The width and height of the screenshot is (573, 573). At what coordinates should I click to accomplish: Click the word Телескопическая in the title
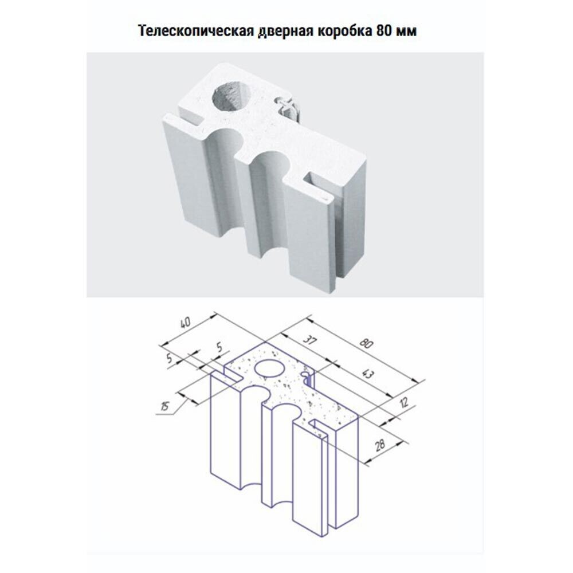point(196,32)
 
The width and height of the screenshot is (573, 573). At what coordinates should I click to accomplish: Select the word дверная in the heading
point(285,32)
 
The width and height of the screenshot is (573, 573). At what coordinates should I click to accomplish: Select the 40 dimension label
point(185,323)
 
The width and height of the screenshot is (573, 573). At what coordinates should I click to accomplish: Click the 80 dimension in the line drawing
point(366,344)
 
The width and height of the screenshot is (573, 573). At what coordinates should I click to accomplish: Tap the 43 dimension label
point(368,374)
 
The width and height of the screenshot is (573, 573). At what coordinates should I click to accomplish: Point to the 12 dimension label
point(404,403)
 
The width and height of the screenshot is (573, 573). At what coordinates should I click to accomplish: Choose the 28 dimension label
point(380,445)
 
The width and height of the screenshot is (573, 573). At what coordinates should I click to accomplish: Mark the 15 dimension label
point(165,406)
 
